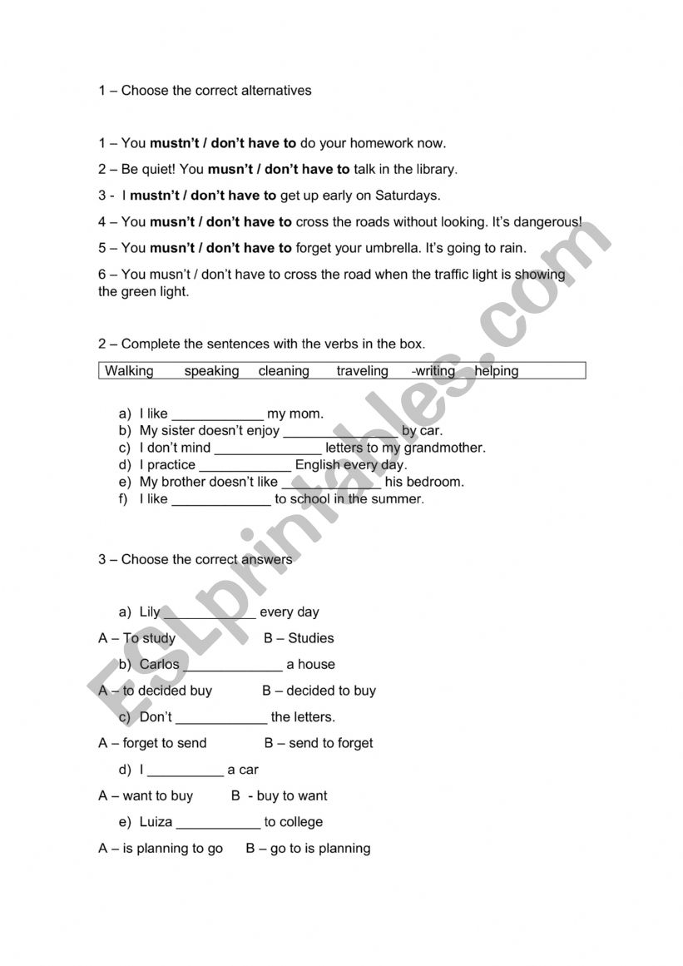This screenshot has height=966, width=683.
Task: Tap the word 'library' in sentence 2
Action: coord(434,170)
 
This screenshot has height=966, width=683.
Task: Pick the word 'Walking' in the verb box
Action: coord(129,371)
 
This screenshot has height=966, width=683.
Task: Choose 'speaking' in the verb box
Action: coord(211,371)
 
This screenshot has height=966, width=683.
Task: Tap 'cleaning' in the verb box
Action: coord(284,371)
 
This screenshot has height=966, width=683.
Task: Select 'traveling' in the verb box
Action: coord(362,371)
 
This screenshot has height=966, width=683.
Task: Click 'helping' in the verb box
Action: coord(497,371)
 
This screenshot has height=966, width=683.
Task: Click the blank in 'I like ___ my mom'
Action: coord(217,414)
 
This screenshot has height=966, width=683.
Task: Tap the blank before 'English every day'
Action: coord(245,466)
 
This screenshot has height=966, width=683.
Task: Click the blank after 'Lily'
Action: coord(210,613)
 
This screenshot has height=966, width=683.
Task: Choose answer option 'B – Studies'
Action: coord(299,638)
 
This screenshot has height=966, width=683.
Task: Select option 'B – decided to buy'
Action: coord(319,691)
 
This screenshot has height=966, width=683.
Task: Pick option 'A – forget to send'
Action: coord(152,743)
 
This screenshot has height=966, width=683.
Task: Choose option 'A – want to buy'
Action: coord(146,796)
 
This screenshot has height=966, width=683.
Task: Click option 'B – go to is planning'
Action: coord(308,849)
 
